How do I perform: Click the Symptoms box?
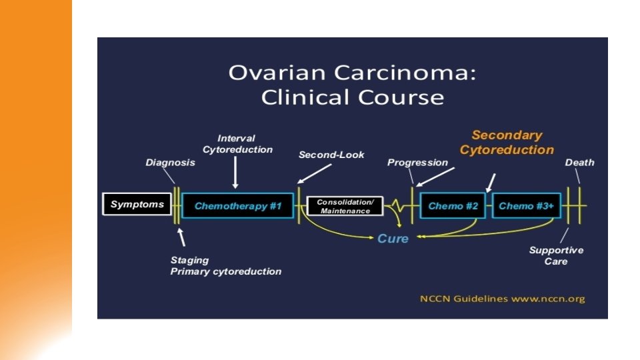(137, 205)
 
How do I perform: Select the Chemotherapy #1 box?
(238, 206)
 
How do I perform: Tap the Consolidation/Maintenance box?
(345, 206)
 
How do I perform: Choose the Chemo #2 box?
(453, 206)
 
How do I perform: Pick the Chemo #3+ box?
(526, 206)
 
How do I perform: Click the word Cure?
(393, 238)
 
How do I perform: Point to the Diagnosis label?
(171, 163)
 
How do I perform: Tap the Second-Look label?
(331, 155)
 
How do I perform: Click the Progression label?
(417, 163)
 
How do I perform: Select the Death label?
(579, 163)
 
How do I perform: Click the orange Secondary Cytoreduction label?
(507, 143)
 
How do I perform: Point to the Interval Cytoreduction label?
(237, 144)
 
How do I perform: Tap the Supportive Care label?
(556, 255)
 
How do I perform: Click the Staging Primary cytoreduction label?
(225, 266)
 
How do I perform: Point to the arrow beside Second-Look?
(315, 173)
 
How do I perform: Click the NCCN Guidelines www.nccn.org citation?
(502, 299)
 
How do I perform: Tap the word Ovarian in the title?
(269, 73)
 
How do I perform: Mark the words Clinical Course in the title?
(352, 97)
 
